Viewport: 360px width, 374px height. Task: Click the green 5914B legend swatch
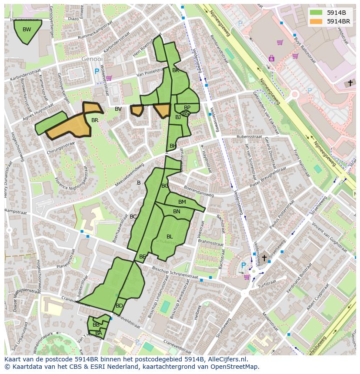[x=316, y=13]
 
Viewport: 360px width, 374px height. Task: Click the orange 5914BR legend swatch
[x=316, y=21]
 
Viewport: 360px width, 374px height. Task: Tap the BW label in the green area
[x=27, y=30]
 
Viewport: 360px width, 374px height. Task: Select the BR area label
[x=95, y=120]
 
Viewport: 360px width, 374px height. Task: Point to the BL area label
[x=170, y=237]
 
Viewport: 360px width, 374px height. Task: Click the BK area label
[x=176, y=70]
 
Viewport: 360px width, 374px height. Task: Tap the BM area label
[x=182, y=202]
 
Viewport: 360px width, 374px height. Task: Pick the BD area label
[x=119, y=306]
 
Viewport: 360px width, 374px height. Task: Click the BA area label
[x=99, y=333]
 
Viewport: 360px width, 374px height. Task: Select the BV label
[x=118, y=109]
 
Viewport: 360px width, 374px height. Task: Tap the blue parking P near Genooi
[x=97, y=71]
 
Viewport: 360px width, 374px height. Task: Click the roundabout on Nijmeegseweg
[x=295, y=94]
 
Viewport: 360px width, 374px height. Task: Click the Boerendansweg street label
[x=198, y=191]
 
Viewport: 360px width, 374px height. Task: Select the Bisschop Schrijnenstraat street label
[x=175, y=273]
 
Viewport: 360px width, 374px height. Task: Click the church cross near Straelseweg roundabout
[x=264, y=258]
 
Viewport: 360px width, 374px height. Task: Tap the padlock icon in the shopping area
[x=272, y=58]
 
